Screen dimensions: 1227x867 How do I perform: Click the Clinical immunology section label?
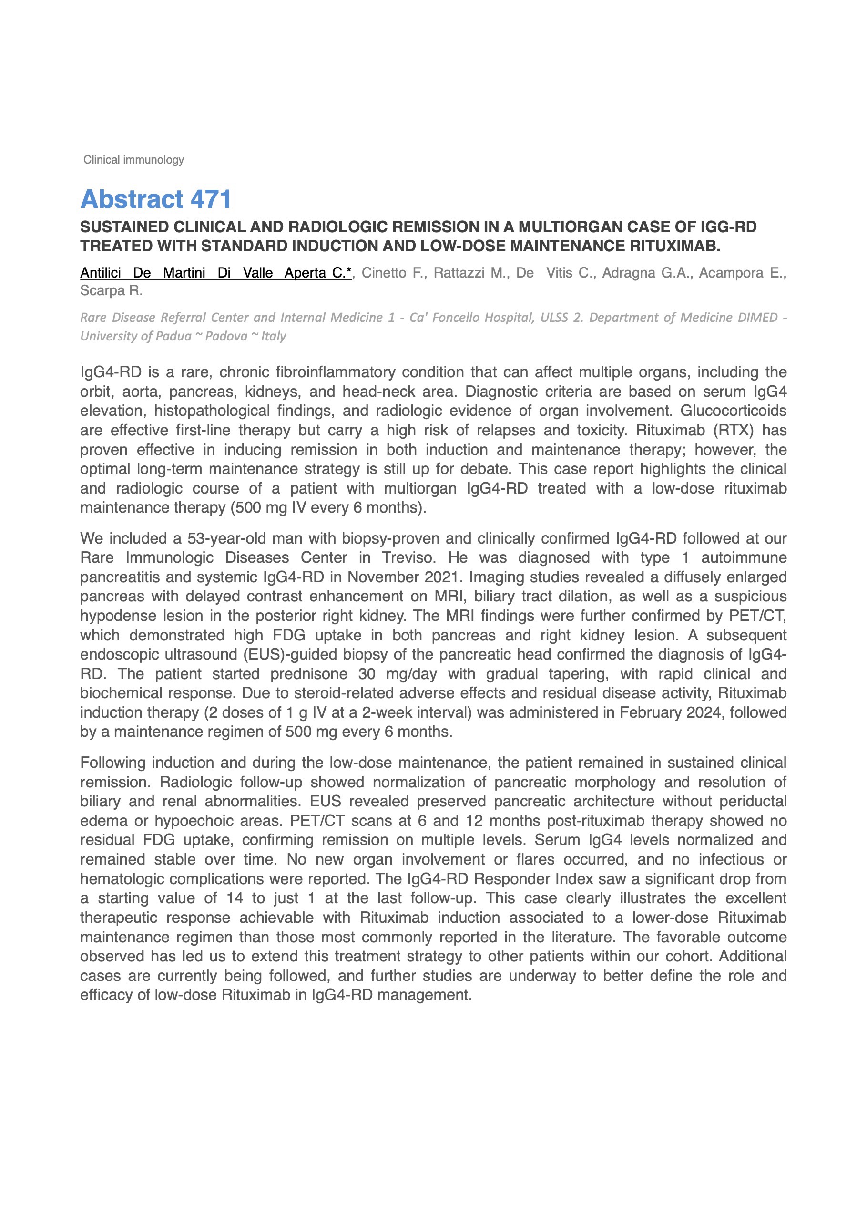[133, 160]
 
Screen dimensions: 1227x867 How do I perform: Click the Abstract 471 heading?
[155, 199]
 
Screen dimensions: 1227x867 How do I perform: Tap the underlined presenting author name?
[216, 273]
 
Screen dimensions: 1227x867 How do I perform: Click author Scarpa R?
[111, 291]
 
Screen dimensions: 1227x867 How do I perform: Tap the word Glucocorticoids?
[733, 411]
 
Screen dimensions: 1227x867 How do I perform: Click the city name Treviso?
[408, 557]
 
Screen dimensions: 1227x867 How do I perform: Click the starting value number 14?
[235, 898]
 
